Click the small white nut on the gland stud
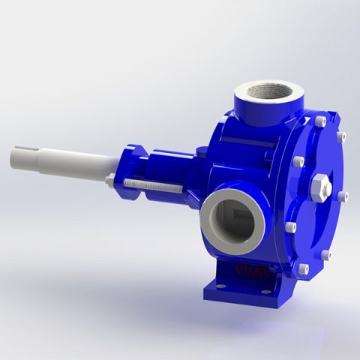[x=109, y=182]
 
